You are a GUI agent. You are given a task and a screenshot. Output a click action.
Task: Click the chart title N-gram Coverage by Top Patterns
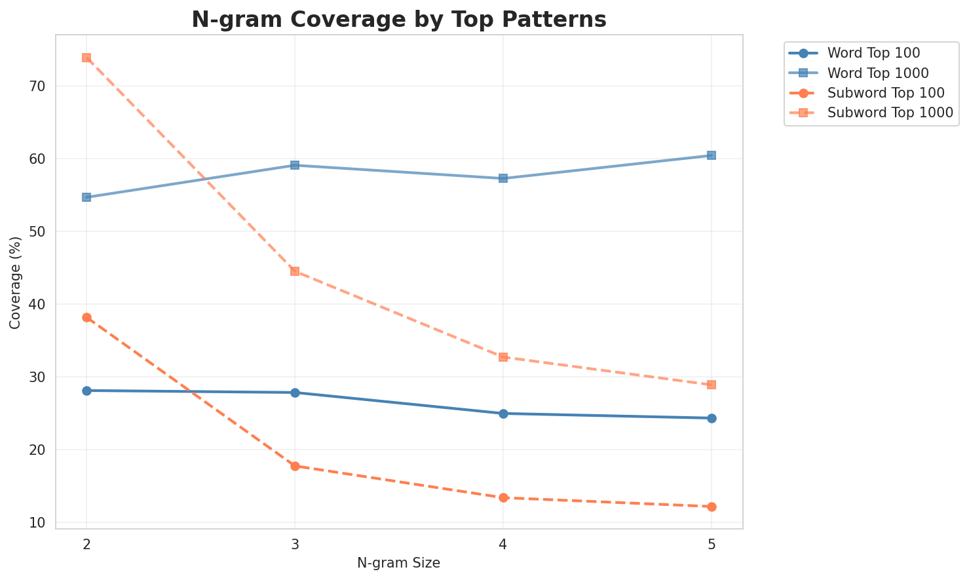click(x=398, y=20)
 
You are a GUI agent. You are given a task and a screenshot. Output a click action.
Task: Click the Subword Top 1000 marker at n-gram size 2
click(x=86, y=58)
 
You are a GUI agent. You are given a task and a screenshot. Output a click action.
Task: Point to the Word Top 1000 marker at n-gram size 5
click(x=712, y=155)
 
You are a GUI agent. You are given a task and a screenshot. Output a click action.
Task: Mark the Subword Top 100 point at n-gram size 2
click(x=86, y=317)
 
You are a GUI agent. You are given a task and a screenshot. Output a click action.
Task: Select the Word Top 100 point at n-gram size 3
click(x=295, y=393)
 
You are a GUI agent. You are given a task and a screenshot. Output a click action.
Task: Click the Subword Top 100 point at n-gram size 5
click(x=712, y=507)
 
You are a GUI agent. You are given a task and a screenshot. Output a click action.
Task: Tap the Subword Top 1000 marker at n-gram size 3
click(x=295, y=271)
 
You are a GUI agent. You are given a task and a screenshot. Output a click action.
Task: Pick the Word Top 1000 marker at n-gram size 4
click(x=503, y=178)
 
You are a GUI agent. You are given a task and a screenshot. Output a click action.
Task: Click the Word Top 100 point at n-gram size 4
click(x=503, y=414)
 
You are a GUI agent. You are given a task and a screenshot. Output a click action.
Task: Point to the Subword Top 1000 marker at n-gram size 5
click(x=712, y=385)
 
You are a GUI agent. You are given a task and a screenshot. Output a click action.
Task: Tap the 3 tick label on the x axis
click(x=295, y=545)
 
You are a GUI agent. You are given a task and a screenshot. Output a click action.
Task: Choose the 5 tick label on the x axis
click(x=712, y=545)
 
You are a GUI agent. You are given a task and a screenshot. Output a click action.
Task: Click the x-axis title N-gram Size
click(x=398, y=563)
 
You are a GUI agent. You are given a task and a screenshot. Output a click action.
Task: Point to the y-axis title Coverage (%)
click(x=16, y=282)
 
